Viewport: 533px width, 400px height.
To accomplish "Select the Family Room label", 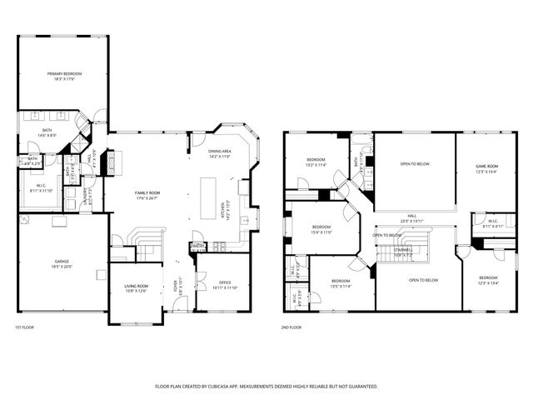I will point(147,192).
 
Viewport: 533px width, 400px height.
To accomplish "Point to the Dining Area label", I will point(219,151).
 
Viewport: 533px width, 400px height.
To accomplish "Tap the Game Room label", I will point(486,166).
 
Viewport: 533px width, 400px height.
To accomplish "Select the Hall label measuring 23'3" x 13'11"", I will point(412,216).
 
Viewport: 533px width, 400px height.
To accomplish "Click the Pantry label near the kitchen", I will point(197,246).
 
